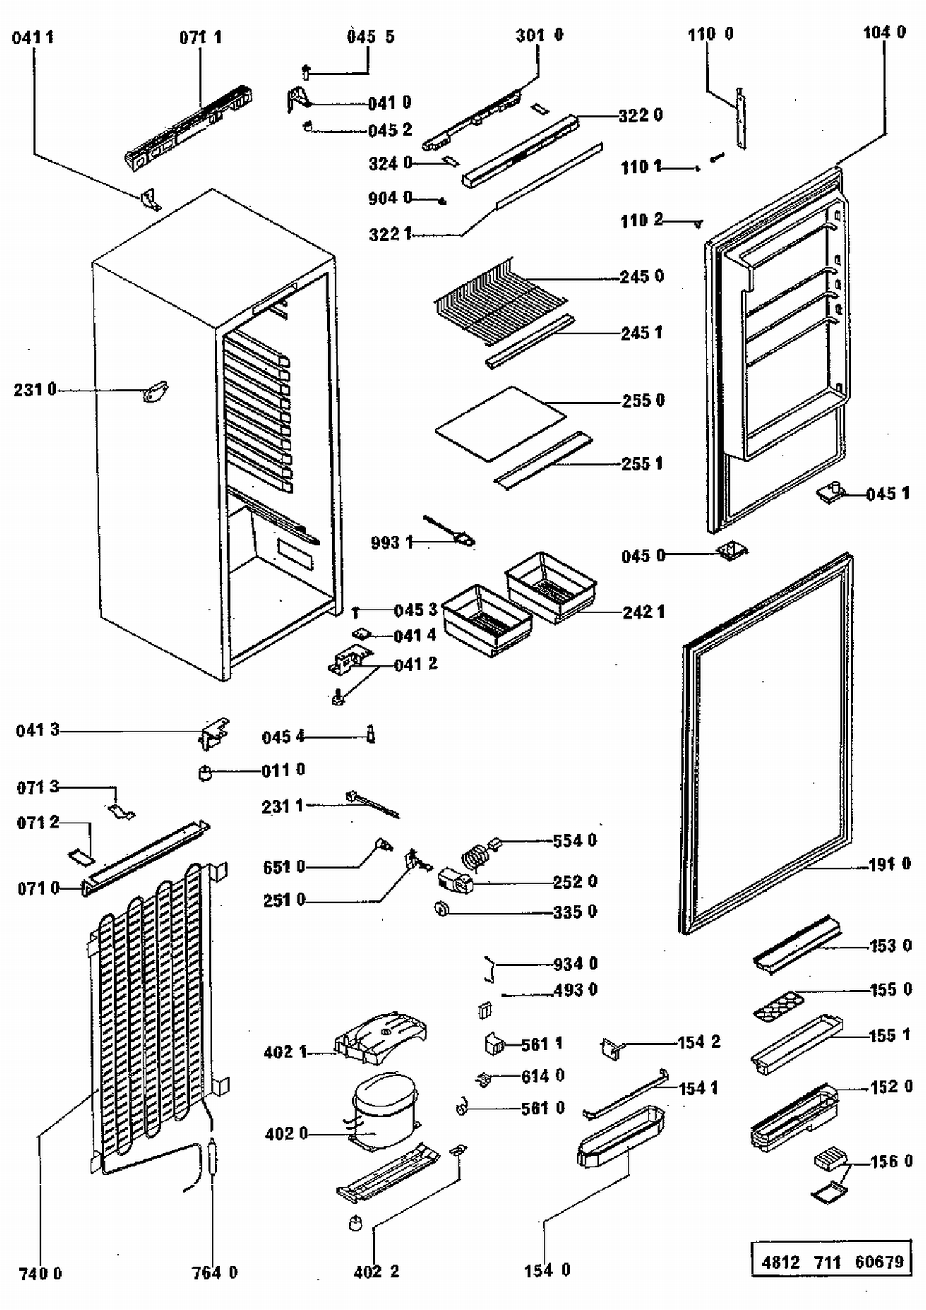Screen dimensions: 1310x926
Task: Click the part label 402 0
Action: click(x=286, y=1134)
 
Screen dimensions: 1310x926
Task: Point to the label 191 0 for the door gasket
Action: click(x=889, y=864)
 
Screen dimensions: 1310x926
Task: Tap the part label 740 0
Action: click(x=40, y=1274)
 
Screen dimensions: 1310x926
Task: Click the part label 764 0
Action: click(x=214, y=1272)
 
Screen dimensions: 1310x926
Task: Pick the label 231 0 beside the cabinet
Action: click(x=35, y=390)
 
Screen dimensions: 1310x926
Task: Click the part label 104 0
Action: click(x=884, y=32)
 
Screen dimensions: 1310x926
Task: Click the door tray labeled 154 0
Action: click(x=620, y=1135)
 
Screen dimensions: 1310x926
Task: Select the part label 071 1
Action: click(x=200, y=38)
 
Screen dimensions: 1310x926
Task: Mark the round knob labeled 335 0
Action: click(x=442, y=908)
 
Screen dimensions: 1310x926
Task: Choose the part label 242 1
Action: click(x=643, y=612)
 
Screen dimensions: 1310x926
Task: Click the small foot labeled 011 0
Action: click(x=206, y=772)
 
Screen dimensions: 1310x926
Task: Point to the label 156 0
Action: click(x=891, y=1162)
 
